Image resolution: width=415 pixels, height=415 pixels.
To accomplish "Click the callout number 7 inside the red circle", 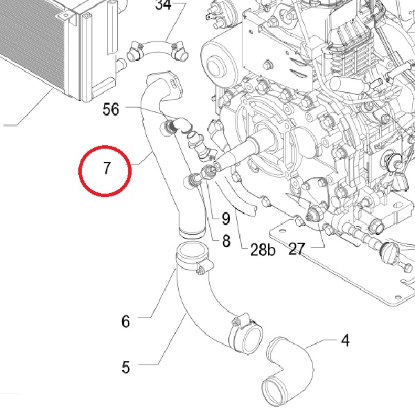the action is tap(106, 168).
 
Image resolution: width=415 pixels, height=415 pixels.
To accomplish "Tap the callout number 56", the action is tap(111, 109).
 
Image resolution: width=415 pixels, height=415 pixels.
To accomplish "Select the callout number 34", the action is tap(164, 5).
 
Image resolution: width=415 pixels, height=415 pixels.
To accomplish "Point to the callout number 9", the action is tap(226, 219).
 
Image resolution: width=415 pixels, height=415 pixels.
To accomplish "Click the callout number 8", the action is tap(226, 241).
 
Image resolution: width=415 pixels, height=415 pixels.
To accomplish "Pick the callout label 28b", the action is tap(263, 250).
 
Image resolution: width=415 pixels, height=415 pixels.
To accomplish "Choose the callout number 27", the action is tap(297, 249).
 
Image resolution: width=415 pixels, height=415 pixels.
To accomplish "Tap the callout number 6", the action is tap(125, 322).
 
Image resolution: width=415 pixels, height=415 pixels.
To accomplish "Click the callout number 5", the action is tap(125, 368).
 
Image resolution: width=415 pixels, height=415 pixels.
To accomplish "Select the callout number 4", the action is tap(345, 340).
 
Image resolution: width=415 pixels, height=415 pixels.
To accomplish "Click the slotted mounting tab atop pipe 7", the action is tap(172, 82).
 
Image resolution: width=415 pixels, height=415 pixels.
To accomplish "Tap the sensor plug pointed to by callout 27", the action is tap(315, 214).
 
